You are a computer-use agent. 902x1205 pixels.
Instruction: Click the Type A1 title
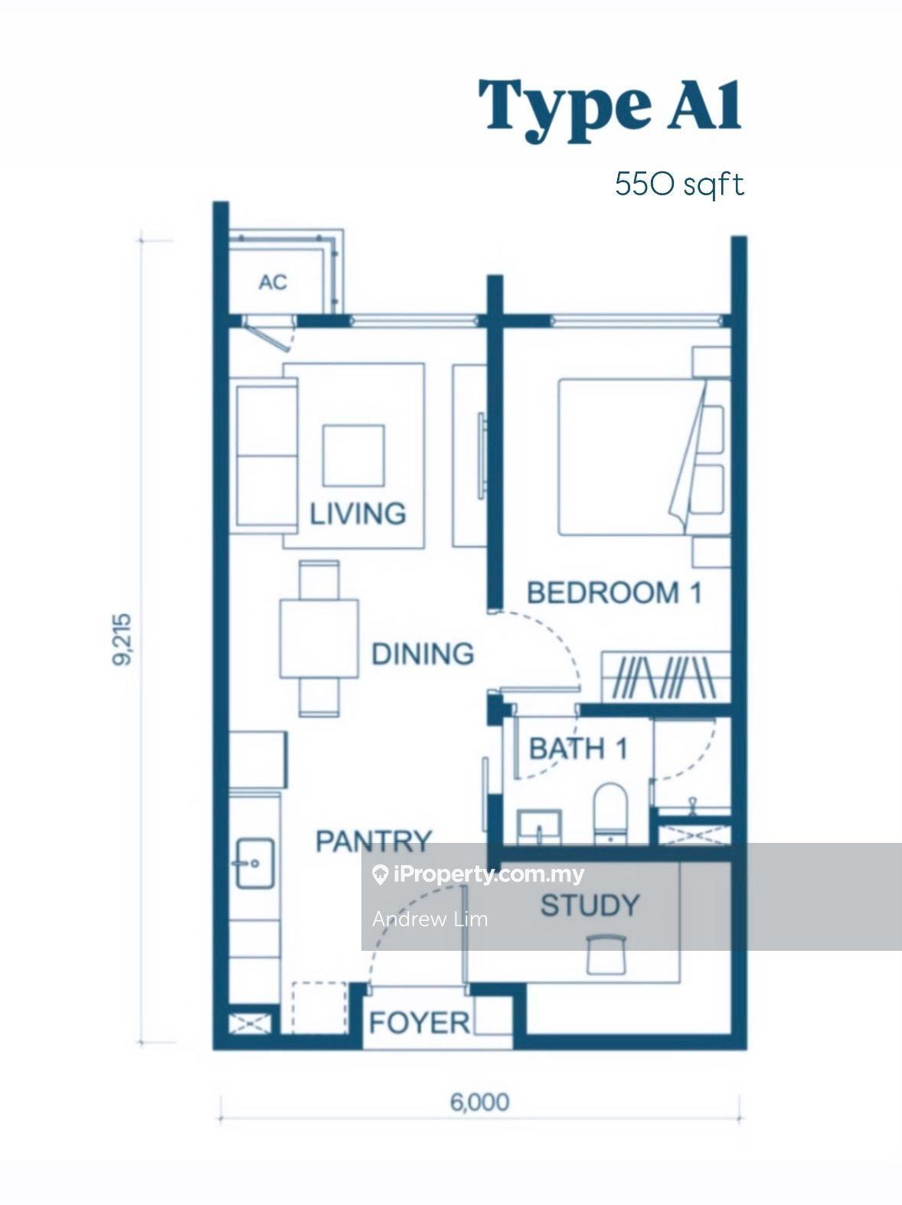[610, 111]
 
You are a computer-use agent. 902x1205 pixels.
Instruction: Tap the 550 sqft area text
[679, 185]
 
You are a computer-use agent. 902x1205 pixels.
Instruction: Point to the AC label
[273, 282]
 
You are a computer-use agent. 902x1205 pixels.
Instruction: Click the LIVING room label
[358, 513]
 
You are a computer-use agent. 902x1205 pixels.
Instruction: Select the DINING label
[423, 653]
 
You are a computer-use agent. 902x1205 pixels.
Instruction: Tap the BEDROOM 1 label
[614, 593]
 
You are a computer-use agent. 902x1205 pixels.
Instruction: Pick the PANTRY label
[374, 841]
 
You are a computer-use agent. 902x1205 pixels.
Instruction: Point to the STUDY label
[590, 905]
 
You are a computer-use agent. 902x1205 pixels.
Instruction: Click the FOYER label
[420, 1023]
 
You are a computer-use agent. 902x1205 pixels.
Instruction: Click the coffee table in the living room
[354, 455]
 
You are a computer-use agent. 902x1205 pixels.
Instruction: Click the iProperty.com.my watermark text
[488, 875]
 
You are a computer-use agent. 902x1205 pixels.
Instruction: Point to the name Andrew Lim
[430, 919]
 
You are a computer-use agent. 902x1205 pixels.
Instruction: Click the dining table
[319, 638]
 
